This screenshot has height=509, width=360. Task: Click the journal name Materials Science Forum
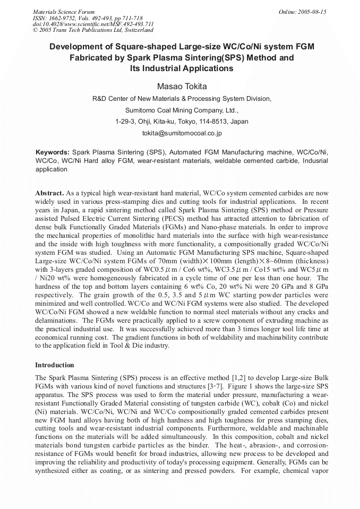[x=64, y=11]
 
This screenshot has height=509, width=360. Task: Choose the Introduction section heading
[x=55, y=365]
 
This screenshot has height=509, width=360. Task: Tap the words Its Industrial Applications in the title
[x=182, y=68]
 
